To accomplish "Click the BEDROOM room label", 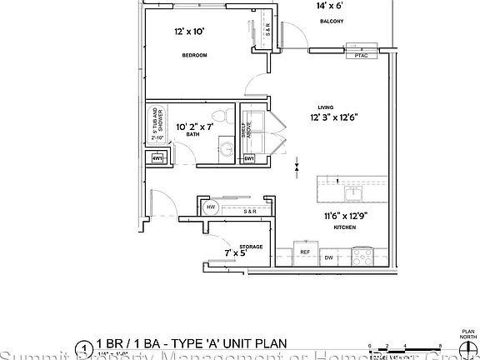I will (194, 55).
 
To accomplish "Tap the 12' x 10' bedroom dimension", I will (189, 32).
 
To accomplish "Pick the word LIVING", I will (326, 107).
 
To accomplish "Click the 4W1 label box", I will (157, 158).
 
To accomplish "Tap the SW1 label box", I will (249, 158).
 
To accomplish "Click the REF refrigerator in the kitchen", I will (305, 252).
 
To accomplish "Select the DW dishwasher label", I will (329, 257).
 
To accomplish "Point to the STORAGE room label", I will (251, 247).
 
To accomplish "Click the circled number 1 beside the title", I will (83, 347).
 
